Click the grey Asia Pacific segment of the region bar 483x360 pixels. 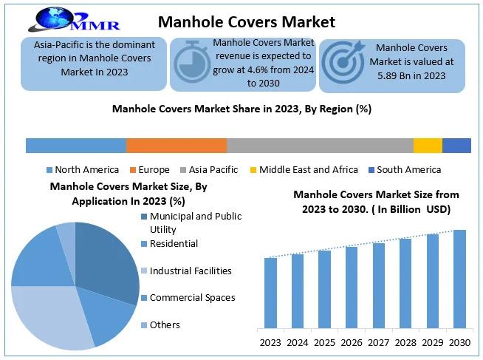320,145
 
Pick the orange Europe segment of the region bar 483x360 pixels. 177,145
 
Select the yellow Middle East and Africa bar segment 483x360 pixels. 428,145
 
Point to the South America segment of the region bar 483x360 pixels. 456,145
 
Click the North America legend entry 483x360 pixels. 82,169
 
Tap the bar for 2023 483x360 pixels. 270,292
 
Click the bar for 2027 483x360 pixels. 378,285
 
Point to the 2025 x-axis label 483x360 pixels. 324,342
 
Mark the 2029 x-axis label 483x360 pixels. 432,342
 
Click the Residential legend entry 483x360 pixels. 174,243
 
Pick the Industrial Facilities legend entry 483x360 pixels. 190,271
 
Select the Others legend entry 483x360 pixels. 164,325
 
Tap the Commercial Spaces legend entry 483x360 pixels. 192,298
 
